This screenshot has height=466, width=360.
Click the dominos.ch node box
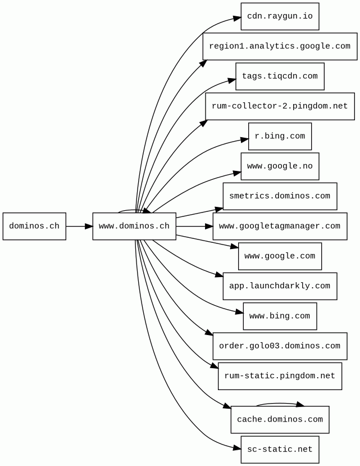[34, 227]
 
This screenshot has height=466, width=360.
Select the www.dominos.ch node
[134, 227]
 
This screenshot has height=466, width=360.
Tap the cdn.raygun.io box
[280, 16]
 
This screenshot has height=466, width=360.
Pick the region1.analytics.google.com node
[280, 46]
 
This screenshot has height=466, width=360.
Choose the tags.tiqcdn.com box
[280, 76]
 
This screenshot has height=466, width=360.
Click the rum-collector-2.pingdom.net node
[280, 106]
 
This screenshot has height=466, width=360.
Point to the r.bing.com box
[280, 137]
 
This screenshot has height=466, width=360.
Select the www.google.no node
[280, 166]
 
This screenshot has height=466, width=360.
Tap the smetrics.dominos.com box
[280, 196]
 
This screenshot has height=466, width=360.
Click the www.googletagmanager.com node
[280, 227]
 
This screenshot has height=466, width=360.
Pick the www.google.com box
[280, 256]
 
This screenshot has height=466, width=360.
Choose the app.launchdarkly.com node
[280, 286]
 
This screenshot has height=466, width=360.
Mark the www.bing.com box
[280, 316]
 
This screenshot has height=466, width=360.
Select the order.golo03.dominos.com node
[280, 346]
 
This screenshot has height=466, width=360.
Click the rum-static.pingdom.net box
[280, 376]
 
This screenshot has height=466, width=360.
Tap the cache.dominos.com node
[280, 420]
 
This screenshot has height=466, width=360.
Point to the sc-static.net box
[280, 450]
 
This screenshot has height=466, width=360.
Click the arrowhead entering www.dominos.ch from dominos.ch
[88, 227]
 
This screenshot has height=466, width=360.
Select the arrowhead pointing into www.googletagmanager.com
[208, 227]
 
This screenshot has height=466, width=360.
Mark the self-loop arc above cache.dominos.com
[280, 403]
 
